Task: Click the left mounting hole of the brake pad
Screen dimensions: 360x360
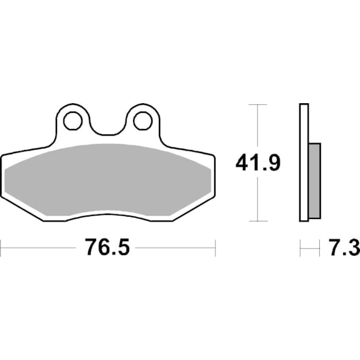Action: [73, 121]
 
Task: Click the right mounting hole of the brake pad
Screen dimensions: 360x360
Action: [142, 121]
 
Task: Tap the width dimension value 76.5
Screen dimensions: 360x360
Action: [107, 247]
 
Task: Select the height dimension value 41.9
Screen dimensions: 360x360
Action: [258, 162]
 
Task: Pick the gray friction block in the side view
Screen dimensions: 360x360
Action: [314, 180]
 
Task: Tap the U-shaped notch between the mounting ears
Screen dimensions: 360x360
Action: [107, 129]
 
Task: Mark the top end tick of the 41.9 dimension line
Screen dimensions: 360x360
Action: [257, 104]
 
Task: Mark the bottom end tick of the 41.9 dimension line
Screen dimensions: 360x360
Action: [257, 221]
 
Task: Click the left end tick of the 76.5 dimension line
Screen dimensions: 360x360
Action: [1, 246]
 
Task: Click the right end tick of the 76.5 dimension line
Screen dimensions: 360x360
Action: [215, 246]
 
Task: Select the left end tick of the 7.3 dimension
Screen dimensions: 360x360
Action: [300, 246]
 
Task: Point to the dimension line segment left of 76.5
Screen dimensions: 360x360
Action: [42, 246]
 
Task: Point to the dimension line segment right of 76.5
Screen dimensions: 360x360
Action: [174, 246]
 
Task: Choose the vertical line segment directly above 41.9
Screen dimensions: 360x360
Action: [257, 126]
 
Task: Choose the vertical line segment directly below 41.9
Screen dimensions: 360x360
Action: [257, 198]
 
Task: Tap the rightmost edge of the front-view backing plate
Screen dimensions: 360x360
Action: [214, 177]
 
